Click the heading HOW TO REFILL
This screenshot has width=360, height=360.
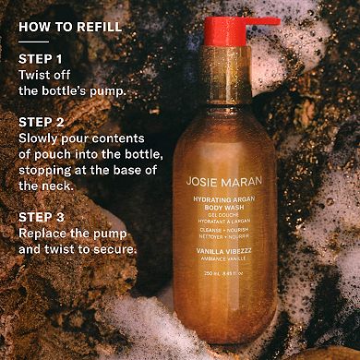click(x=70, y=26)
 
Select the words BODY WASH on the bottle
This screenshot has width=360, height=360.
click(x=233, y=209)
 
